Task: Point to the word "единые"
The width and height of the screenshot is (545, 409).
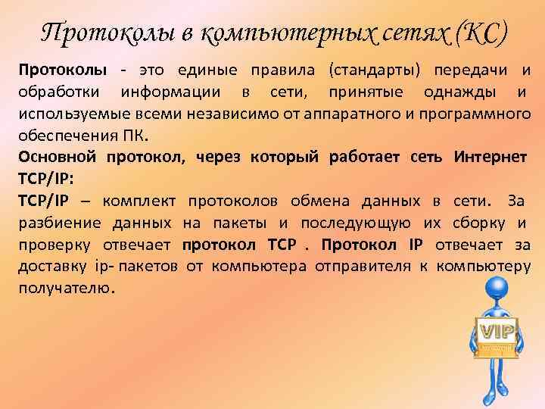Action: [x=208, y=71]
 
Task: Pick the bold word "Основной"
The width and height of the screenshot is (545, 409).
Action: [x=55, y=158]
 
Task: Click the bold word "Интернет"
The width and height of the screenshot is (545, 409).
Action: [x=490, y=158]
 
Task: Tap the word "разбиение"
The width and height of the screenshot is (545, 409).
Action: [x=55, y=223]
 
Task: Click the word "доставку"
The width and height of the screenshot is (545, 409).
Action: [x=55, y=266]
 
